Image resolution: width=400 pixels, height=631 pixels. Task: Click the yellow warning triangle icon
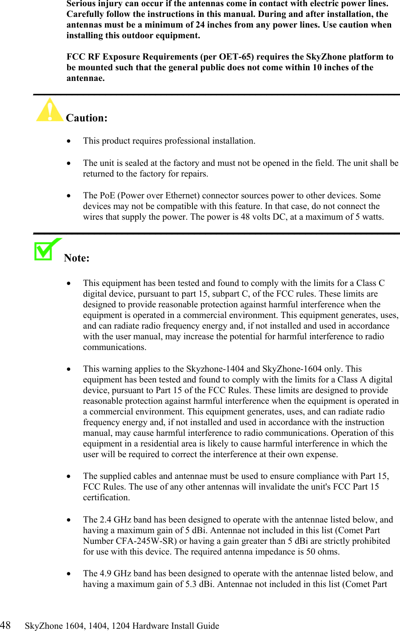click(49, 110)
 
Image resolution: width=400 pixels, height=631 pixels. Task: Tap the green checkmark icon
click(46, 250)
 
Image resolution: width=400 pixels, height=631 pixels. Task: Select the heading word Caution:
click(87, 118)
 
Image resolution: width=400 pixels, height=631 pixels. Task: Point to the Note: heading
click(76, 258)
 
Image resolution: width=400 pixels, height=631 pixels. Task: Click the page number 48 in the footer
click(5, 625)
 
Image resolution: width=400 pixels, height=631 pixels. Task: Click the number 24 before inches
click(200, 24)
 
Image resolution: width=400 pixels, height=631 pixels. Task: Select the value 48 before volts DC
click(245, 217)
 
